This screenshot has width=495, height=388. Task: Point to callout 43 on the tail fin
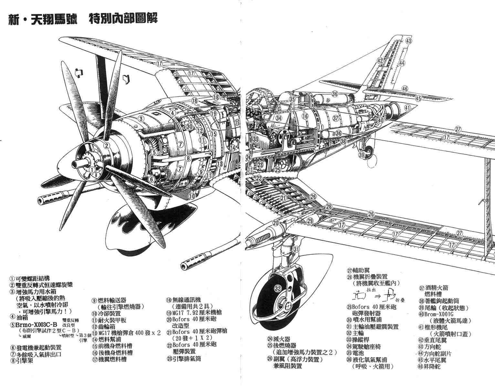click(x=409, y=41)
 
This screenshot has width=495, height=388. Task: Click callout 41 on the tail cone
click(x=407, y=108)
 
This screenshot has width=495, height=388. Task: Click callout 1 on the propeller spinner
click(x=93, y=169)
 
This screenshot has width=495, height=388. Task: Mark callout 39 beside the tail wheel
click(x=362, y=155)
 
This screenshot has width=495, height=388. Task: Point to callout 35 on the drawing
click(x=292, y=100)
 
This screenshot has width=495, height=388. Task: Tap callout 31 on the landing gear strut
click(x=297, y=249)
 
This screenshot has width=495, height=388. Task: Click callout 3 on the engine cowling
click(x=141, y=118)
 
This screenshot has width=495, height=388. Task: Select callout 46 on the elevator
click(x=405, y=89)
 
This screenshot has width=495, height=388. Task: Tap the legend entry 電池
click(x=359, y=353)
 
